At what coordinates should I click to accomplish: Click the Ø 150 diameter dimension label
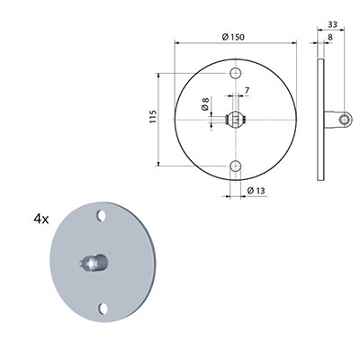click(233, 37)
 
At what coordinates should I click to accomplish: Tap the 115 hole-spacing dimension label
click(153, 117)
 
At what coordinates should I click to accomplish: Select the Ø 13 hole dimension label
click(256, 191)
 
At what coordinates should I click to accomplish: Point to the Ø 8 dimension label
click(205, 103)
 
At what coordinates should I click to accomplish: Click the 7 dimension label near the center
click(247, 90)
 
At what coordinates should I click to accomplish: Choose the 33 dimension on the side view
click(332, 24)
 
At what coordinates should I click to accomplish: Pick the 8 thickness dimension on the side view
click(330, 37)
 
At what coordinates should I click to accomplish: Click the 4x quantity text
click(41, 220)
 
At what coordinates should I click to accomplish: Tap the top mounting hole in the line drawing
click(236, 73)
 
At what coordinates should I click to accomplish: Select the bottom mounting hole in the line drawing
click(236, 166)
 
